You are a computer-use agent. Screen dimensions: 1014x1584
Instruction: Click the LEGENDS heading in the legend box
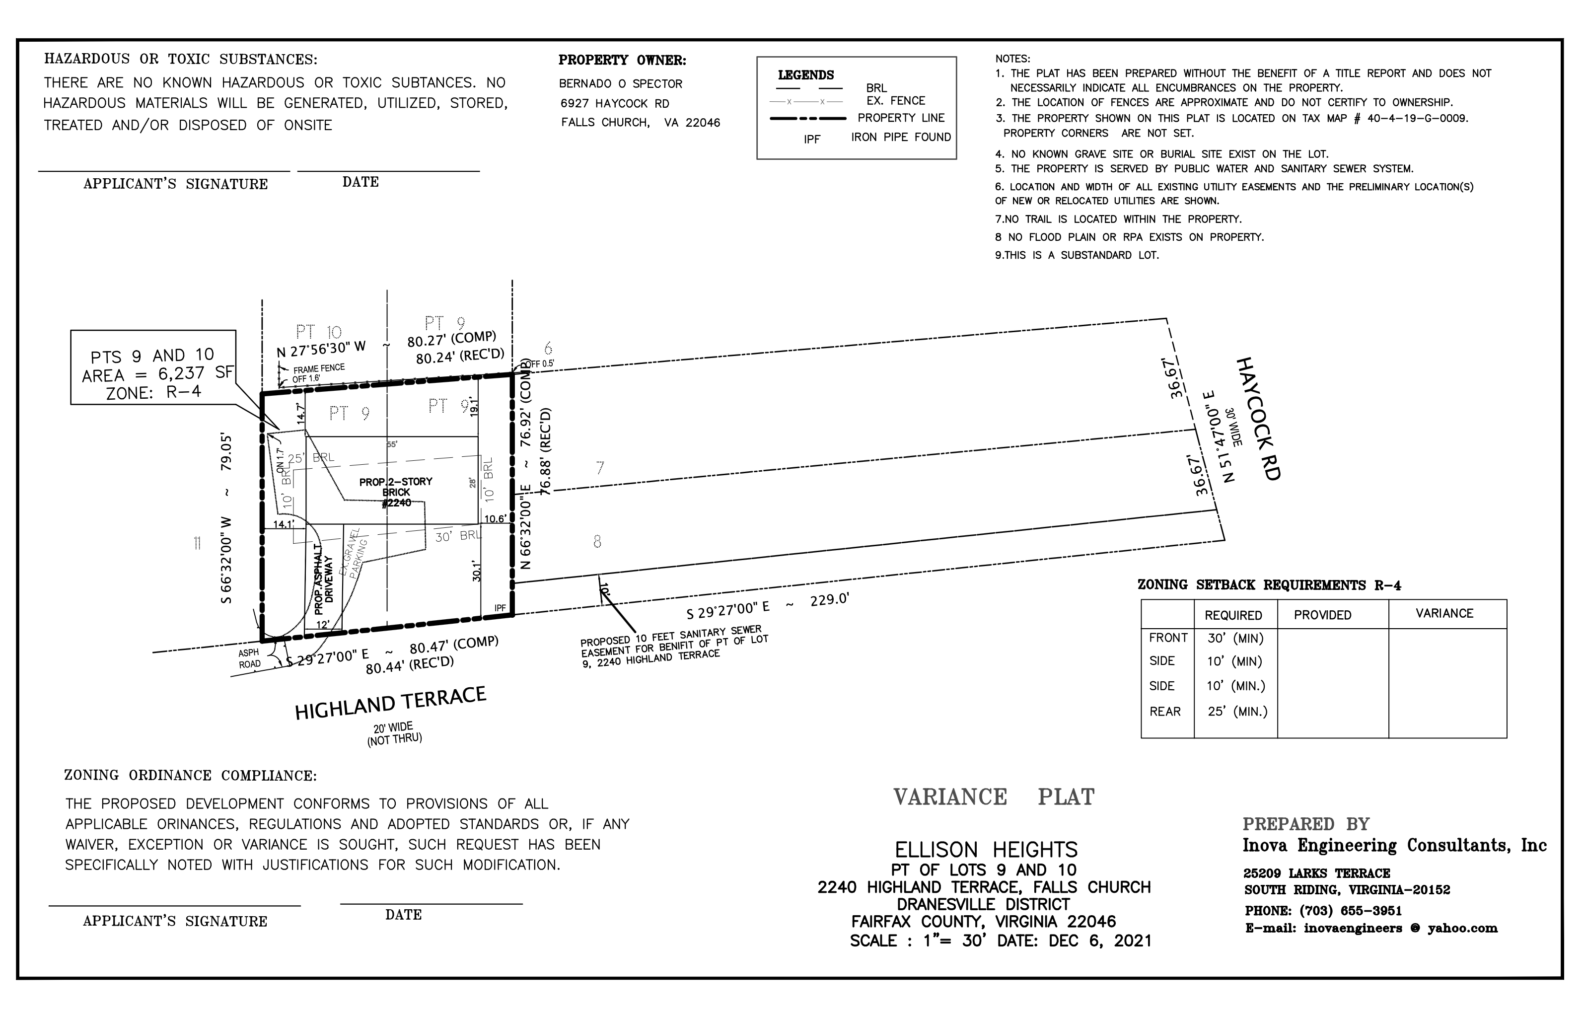[806, 75]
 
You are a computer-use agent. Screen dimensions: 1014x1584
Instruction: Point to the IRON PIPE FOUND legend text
[901, 137]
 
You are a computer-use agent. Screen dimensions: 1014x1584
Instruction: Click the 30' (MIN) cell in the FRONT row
[1236, 638]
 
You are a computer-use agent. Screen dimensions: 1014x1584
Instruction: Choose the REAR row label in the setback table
[1164, 712]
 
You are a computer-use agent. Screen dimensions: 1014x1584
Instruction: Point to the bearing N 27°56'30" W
[321, 348]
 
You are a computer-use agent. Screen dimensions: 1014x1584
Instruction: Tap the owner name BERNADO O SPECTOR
[620, 83]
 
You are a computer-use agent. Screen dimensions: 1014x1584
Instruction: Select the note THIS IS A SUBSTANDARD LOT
[1077, 255]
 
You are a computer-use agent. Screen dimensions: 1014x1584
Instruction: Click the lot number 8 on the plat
[597, 541]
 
